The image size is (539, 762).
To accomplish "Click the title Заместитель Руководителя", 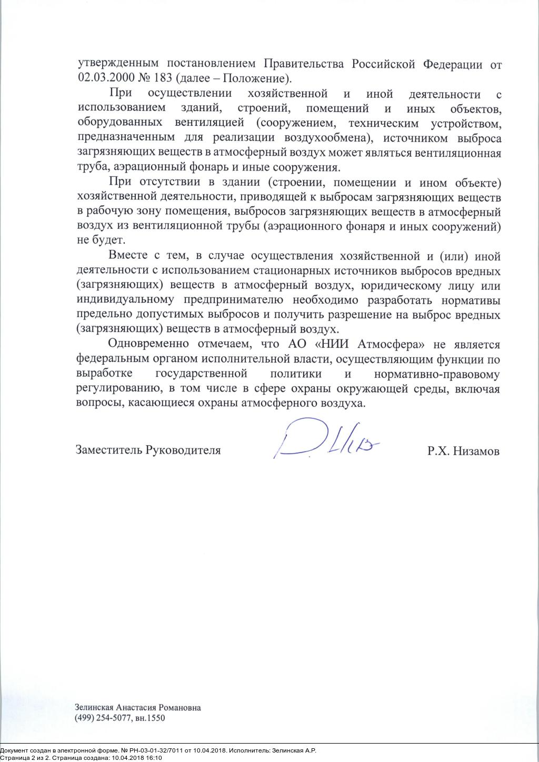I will coord(148,450).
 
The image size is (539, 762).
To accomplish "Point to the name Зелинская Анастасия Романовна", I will coord(138,708).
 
